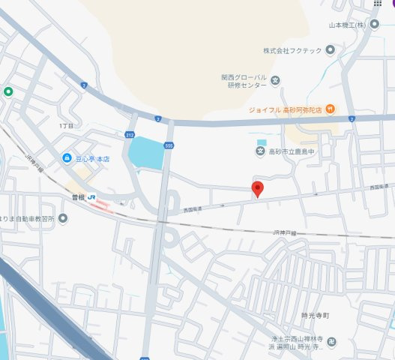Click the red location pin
coord(257,188)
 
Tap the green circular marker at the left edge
coord(8,92)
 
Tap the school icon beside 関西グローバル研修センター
coord(275,80)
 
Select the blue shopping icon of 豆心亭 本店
coord(66,159)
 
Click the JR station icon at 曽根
coord(91,196)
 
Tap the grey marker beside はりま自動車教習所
coord(63,218)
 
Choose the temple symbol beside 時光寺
coord(332,343)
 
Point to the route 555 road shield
coord(169,145)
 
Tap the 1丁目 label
coord(66,126)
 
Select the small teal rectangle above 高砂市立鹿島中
coord(261,142)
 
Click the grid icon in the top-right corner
coord(377,4)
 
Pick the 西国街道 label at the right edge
coord(380,187)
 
